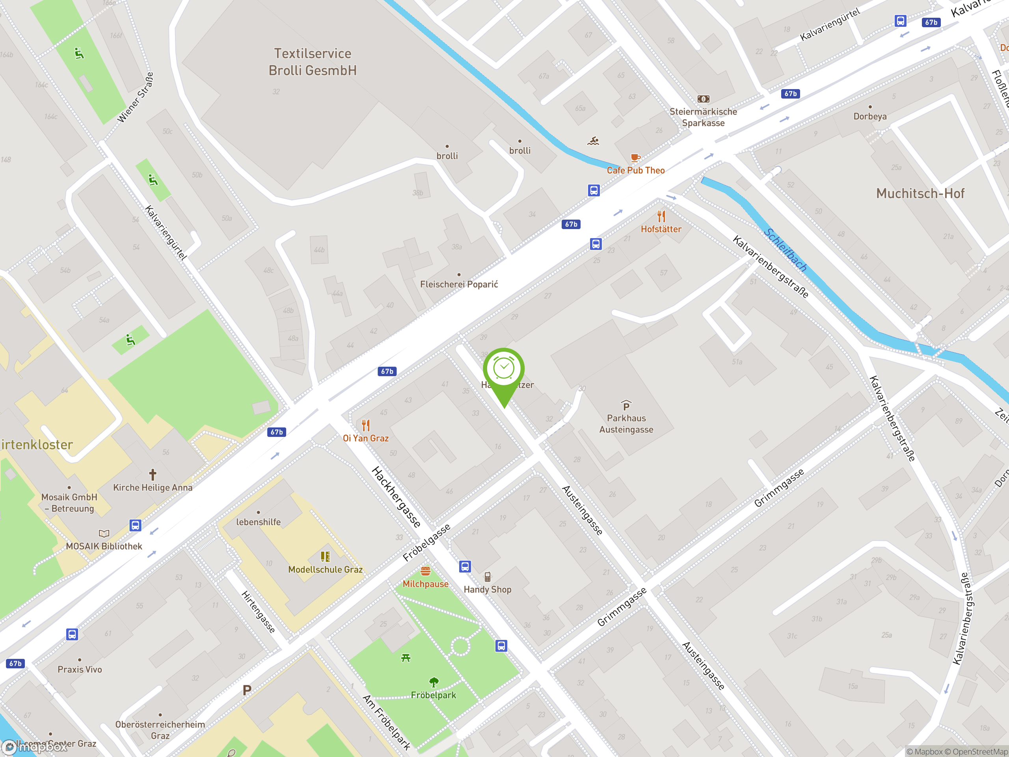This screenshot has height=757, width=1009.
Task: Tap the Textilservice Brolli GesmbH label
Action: [313, 62]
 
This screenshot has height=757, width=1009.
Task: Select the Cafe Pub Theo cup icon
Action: [635, 158]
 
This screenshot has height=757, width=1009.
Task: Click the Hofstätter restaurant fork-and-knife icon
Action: [661, 216]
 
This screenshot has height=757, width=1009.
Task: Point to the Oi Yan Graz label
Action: [365, 438]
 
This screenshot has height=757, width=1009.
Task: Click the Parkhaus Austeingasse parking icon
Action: [626, 406]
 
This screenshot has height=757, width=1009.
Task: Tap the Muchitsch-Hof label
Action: [920, 194]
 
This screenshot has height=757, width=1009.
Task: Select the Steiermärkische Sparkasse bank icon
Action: [703, 99]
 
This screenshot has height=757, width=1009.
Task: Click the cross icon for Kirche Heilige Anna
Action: [153, 475]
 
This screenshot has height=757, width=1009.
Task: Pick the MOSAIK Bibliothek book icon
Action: [104, 533]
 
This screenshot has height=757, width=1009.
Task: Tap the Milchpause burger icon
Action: [425, 571]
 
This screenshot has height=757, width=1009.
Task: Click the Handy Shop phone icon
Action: [487, 577]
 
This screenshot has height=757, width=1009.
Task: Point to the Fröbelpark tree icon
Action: [433, 682]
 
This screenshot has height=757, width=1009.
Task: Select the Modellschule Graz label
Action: [325, 569]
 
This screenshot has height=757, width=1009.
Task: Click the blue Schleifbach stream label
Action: [785, 250]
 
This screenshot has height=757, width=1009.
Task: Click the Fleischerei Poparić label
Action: [459, 284]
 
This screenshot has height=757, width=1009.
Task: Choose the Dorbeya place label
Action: [870, 116]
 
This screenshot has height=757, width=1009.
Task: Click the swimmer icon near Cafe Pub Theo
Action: [593, 141]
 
